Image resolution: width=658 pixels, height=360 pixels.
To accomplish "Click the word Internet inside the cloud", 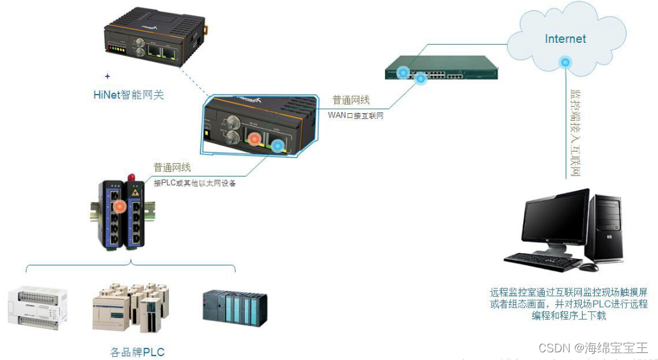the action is click(565, 38).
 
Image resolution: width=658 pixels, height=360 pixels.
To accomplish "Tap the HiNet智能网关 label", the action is click(129, 95).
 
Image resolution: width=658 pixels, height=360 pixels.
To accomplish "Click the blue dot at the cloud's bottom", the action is click(565, 62).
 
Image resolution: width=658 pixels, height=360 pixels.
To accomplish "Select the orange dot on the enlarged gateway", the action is click(255, 137).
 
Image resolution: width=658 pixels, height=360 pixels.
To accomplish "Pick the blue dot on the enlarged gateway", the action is click(277, 146).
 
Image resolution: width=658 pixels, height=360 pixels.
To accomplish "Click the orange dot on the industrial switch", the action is click(120, 207).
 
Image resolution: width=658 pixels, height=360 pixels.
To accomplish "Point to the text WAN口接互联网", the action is click(356, 115).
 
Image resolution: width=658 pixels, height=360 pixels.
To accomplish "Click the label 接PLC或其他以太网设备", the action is click(195, 183).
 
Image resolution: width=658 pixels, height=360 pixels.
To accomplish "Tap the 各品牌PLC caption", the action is click(137, 352).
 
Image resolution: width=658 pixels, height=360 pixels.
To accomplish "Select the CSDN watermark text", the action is click(593, 348).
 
